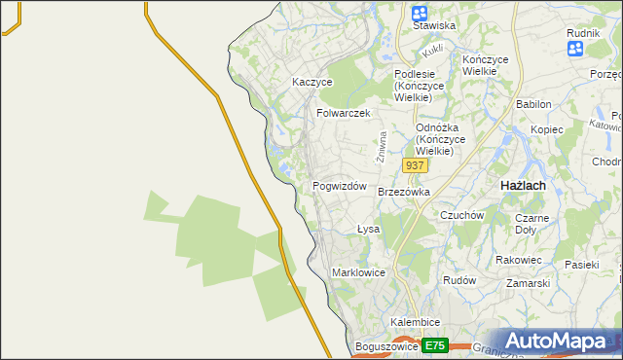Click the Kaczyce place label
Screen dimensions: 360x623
click(312, 83)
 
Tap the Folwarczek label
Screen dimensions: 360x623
click(344, 113)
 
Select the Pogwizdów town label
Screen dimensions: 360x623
click(339, 186)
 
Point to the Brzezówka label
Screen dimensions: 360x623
click(403, 193)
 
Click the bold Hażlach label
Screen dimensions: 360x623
click(522, 185)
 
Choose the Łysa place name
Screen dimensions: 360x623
click(367, 230)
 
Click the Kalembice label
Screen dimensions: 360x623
click(416, 322)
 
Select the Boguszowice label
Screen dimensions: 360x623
click(386, 346)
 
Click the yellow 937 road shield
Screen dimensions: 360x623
click(415, 165)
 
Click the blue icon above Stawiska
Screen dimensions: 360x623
click(420, 14)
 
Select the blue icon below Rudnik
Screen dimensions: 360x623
click(574, 47)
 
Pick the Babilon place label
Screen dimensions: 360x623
click(533, 104)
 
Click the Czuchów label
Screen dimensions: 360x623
click(461, 215)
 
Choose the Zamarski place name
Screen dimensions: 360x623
click(528, 283)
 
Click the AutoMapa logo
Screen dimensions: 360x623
click(556, 341)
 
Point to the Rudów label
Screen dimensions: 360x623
click(458, 280)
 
